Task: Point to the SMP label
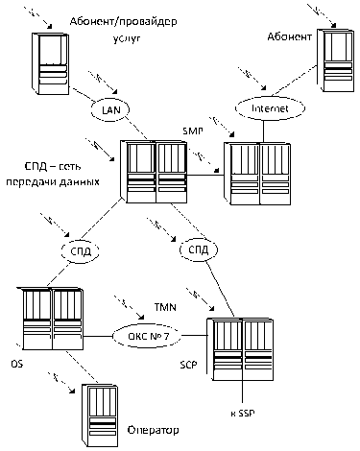point(193,131)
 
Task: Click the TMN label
point(165,307)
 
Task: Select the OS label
point(17,364)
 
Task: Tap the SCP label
point(188,365)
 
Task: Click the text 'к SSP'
point(243,414)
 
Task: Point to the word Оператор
point(153,430)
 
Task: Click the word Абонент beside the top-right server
point(289,36)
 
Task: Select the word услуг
point(127,38)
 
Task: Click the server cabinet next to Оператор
point(99,415)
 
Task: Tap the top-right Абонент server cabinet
point(336,60)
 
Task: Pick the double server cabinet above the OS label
point(50,318)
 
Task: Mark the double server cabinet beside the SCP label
point(240,348)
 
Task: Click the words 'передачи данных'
point(53,182)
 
